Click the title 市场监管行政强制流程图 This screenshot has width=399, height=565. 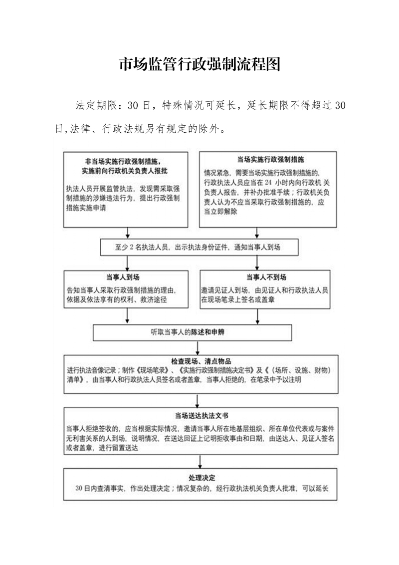tap(199, 64)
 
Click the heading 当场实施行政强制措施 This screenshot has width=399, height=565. tap(264, 160)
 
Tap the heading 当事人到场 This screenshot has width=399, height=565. tap(126, 277)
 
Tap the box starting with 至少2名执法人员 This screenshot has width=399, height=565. tap(199, 247)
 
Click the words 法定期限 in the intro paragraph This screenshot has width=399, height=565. tap(97, 106)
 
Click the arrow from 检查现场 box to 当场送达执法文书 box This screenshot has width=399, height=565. tap(198, 400)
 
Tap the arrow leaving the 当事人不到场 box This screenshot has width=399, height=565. tap(257, 316)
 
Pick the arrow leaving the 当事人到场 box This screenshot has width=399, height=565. tap(128, 316)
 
